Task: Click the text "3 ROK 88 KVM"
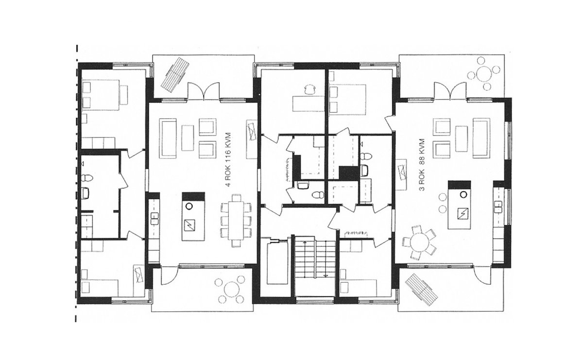pyautogui.click(x=422, y=165)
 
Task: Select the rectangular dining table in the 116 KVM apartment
pyautogui.click(x=236, y=221)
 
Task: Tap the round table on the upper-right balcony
pyautogui.click(x=484, y=74)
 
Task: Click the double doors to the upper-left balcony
pyautogui.click(x=204, y=91)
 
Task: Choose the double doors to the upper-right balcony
pyautogui.click(x=450, y=91)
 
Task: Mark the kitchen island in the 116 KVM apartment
pyautogui.click(x=193, y=217)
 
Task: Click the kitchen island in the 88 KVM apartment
pyautogui.click(x=459, y=205)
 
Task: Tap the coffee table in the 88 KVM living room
pyautogui.click(x=462, y=138)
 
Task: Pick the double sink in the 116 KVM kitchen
pyautogui.click(x=154, y=218)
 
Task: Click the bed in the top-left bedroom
pyautogui.click(x=101, y=95)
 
